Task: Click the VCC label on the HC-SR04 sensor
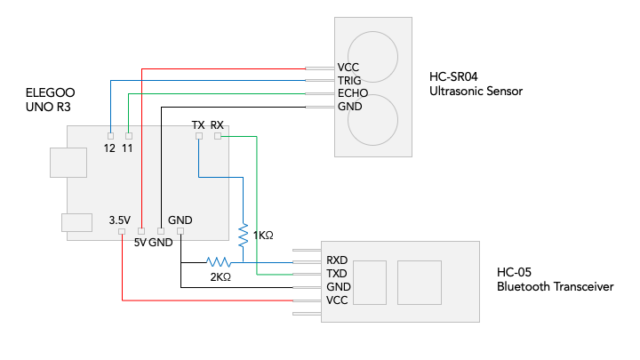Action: click(x=348, y=67)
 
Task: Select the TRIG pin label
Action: click(x=348, y=80)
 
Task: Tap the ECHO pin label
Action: click(x=351, y=93)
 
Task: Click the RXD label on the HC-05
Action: click(x=338, y=260)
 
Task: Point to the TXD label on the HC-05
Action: click(x=338, y=274)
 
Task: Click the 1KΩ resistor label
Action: click(x=263, y=236)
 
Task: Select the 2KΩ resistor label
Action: click(x=220, y=276)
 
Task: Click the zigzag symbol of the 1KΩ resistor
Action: click(x=243, y=234)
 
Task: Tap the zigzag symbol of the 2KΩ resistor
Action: click(x=219, y=262)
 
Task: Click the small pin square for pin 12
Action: click(x=109, y=135)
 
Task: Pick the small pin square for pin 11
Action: click(x=128, y=135)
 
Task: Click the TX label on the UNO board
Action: click(x=198, y=124)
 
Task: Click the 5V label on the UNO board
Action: click(x=139, y=242)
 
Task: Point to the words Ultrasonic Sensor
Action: click(x=476, y=91)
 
